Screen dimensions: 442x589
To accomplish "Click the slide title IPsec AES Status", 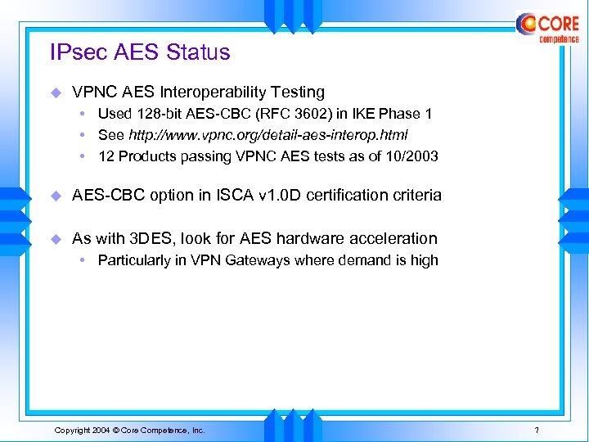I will point(140,52).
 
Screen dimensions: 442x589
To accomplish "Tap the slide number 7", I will point(536,430).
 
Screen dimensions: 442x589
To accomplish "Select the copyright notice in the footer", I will point(129,430).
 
